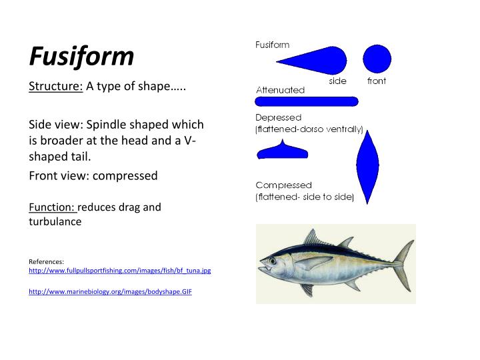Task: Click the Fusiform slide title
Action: point(81,57)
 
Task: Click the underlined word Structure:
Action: point(55,89)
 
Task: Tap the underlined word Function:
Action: point(53,207)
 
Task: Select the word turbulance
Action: point(55,222)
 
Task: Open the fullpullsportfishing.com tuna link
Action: point(120,271)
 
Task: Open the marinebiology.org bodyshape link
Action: point(110,292)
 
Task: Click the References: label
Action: point(47,261)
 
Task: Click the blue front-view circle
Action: point(377,59)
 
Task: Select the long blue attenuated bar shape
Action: point(307,101)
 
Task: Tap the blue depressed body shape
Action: point(283,151)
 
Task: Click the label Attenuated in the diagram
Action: point(280,90)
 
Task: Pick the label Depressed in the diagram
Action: point(279,118)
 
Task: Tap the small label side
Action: point(338,81)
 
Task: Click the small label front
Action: point(377,81)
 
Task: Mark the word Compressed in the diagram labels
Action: point(283,185)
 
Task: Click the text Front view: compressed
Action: point(93,176)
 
